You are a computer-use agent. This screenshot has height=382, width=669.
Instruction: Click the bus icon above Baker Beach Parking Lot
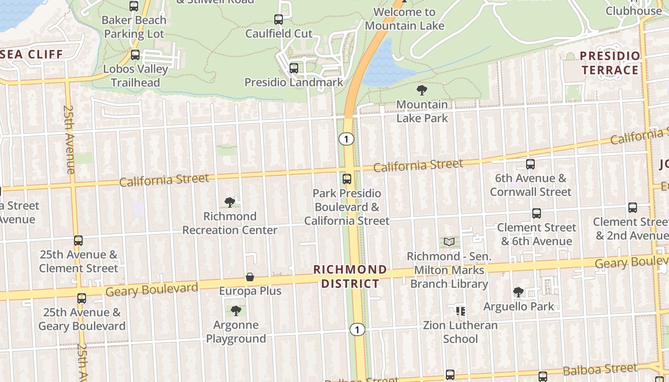pyautogui.click(x=134, y=6)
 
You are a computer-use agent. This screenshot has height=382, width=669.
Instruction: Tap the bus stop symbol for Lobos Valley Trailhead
pyautogui.click(x=135, y=55)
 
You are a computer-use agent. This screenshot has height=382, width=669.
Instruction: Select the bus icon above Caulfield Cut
pyautogui.click(x=279, y=20)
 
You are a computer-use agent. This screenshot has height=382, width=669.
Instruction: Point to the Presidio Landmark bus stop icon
pyautogui.click(x=294, y=68)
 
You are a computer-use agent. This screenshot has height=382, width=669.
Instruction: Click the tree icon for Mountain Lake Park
pyautogui.click(x=422, y=90)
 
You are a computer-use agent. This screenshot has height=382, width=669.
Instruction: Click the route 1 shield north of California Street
pyautogui.click(x=346, y=139)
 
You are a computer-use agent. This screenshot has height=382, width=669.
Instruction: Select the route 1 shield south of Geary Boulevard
pyautogui.click(x=356, y=329)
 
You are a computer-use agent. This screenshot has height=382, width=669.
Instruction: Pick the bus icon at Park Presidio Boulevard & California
pyautogui.click(x=347, y=180)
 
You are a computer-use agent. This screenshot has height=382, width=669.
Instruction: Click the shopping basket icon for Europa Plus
pyautogui.click(x=250, y=277)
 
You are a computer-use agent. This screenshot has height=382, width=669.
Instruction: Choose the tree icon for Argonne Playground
pyautogui.click(x=236, y=311)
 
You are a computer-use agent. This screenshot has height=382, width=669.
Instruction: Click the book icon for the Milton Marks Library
pyautogui.click(x=449, y=242)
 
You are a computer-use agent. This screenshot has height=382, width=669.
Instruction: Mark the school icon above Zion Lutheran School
pyautogui.click(x=461, y=311)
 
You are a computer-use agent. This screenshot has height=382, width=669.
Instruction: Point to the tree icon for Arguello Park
pyautogui.click(x=518, y=292)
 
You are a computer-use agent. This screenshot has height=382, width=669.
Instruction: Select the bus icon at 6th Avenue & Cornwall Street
pyautogui.click(x=530, y=164)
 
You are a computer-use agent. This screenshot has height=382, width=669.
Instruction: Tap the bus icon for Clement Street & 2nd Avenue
pyautogui.click(x=633, y=208)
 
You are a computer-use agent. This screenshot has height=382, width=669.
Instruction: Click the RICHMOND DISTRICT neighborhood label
pyautogui.click(x=350, y=276)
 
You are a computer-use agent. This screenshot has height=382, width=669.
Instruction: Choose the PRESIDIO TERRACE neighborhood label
pyautogui.click(x=610, y=63)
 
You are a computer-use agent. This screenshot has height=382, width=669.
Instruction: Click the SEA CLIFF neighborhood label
pyautogui.click(x=32, y=54)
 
